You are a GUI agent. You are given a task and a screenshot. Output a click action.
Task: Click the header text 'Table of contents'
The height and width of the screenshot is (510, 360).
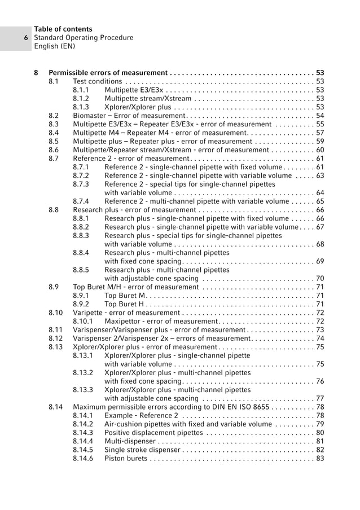63,29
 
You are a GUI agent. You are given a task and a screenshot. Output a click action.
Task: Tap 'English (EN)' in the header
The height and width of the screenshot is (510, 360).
55,47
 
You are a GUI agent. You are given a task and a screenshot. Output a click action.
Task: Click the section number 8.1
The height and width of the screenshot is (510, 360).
54,81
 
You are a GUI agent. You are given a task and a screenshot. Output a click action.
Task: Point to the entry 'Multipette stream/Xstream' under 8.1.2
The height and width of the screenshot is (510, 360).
148,99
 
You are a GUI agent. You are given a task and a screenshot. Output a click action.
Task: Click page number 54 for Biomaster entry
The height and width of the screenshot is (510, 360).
320,116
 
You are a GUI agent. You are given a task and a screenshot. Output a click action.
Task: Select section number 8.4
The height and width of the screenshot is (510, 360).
54,133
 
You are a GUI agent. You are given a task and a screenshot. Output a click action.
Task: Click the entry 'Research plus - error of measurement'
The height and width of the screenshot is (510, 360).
134,210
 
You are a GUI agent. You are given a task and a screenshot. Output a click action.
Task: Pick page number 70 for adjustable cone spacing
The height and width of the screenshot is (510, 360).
320,279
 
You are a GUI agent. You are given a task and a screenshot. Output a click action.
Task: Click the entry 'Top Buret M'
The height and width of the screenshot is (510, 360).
125,296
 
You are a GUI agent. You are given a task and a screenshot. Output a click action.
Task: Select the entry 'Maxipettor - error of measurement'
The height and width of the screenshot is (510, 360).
161,321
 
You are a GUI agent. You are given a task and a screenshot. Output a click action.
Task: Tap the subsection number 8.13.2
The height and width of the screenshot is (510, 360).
84,373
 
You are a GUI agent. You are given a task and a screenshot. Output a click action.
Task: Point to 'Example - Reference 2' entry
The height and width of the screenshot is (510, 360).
142,416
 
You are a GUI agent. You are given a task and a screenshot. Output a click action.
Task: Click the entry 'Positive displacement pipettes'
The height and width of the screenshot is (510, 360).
153,433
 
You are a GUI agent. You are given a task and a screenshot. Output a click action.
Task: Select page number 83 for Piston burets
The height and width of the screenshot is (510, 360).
320,459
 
